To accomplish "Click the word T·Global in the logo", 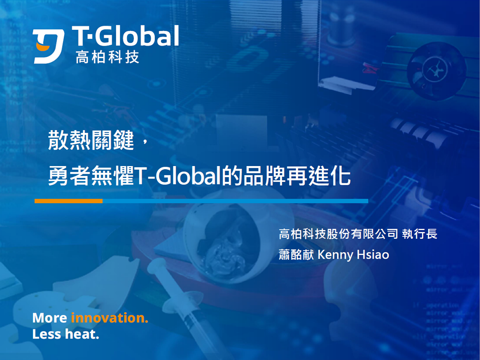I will [x=125, y=36].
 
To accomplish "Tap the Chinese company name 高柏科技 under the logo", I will [x=108, y=57].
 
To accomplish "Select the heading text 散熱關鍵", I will [x=91, y=140].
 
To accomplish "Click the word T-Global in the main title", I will [x=178, y=176].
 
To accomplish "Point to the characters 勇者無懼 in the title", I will [x=91, y=176].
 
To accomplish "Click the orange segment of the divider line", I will [x=68, y=201].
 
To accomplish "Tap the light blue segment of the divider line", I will [x=235, y=201].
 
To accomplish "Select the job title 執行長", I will [x=420, y=234].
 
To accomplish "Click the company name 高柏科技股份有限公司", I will [x=338, y=234].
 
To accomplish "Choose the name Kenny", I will [x=335, y=255].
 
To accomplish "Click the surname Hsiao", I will [x=373, y=255].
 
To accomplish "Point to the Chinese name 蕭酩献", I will [x=296, y=255].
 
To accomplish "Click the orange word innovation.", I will [x=109, y=318].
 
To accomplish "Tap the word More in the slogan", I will [x=50, y=318].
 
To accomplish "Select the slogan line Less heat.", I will [x=66, y=334].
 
